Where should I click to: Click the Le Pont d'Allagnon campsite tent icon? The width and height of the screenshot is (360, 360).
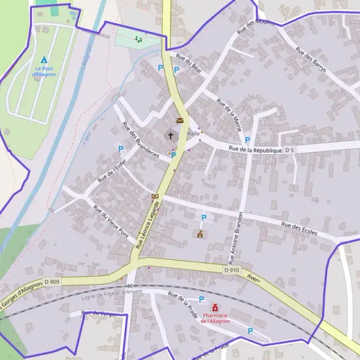click(43, 60)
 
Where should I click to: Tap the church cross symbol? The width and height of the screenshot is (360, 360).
click(171, 136)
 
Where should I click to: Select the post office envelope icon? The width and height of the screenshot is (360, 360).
click(179, 121)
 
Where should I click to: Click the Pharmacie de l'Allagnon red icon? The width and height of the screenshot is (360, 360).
click(215, 308)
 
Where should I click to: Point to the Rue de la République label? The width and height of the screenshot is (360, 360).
click(255, 149)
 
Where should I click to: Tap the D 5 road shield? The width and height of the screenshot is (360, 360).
click(290, 149)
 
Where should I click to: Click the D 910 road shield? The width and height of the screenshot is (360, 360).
click(232, 270)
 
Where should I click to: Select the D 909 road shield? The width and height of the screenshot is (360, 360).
click(52, 281)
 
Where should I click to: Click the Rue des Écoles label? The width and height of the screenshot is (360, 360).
click(299, 229)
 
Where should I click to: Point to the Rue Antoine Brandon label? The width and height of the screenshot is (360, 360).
click(235, 238)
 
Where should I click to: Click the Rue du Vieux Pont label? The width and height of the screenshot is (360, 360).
click(111, 219)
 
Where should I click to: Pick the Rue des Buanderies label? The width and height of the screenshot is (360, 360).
click(140, 140)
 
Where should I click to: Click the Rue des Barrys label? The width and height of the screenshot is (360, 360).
click(311, 60)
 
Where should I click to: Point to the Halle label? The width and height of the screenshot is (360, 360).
click(193, 134)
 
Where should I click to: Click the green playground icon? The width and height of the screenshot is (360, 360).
click(139, 40)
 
